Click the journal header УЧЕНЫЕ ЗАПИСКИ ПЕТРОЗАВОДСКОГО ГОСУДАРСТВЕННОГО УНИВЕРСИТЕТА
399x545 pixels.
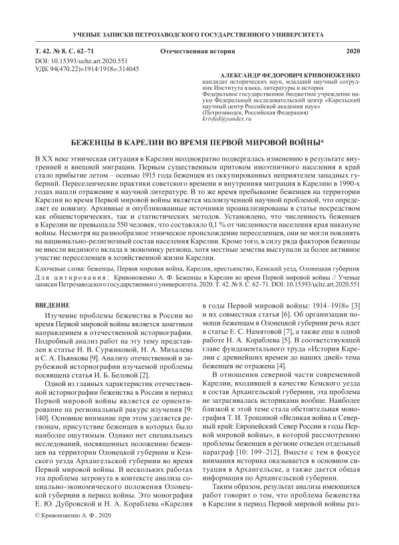coord(199,33)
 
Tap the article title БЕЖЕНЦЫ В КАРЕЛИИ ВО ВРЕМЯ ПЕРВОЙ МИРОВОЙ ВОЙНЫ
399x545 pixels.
coord(198,143)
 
